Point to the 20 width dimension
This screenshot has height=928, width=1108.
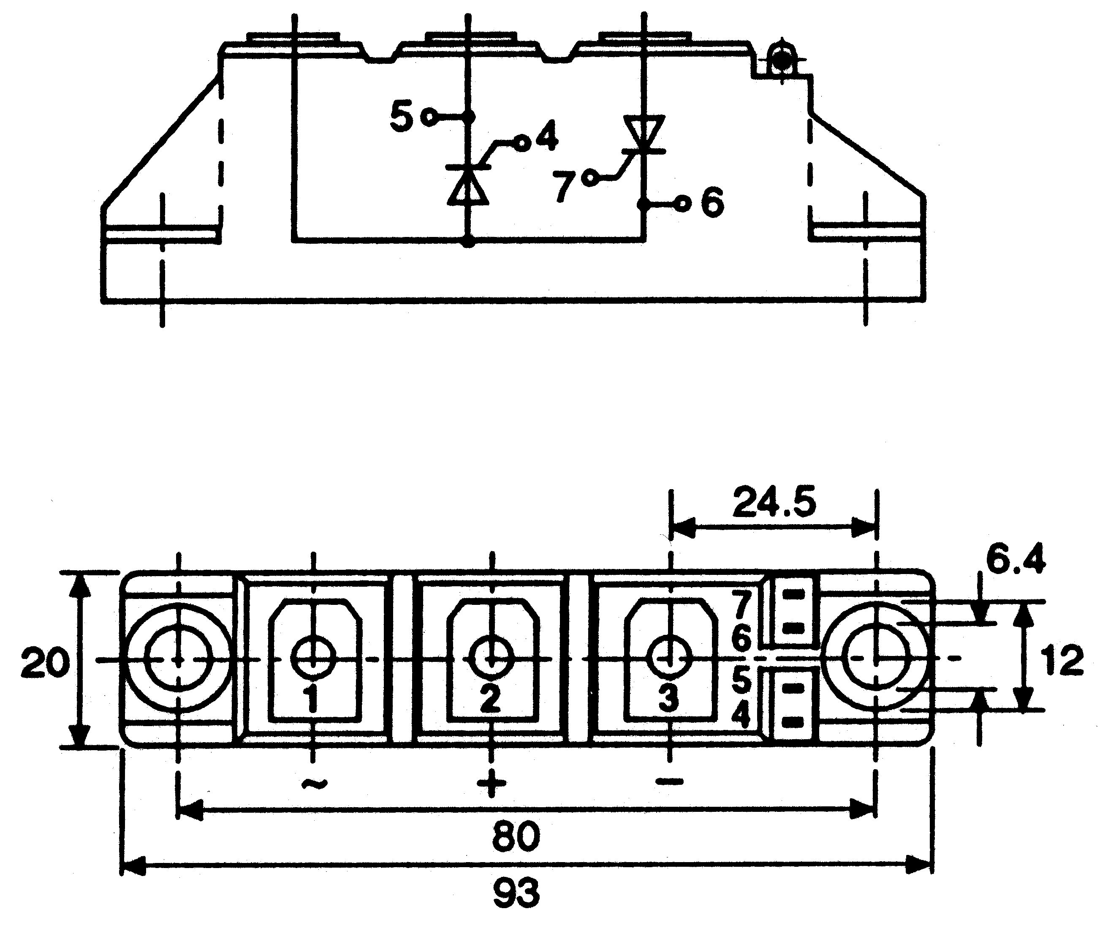coord(45,663)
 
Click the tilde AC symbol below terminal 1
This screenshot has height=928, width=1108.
coord(315,784)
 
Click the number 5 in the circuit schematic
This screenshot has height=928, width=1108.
coord(402,117)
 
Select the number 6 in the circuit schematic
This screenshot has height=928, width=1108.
coord(712,203)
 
